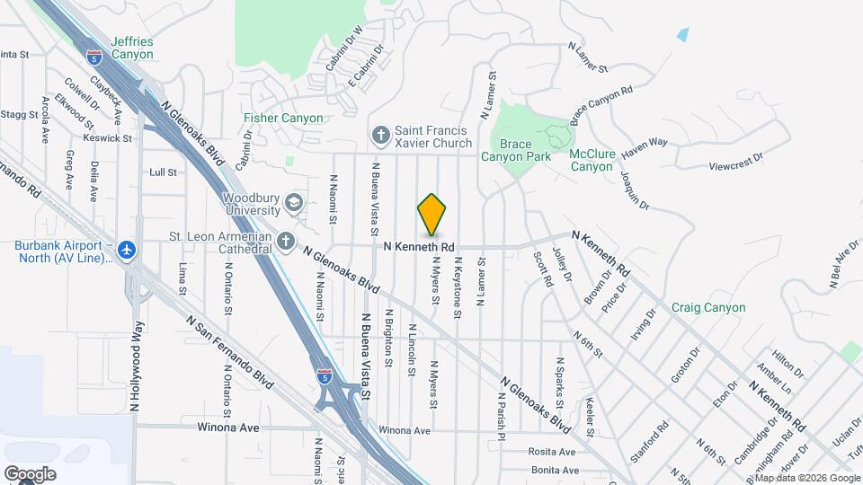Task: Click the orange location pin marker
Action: pos(432,216)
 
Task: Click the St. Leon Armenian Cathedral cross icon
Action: pos(286,241)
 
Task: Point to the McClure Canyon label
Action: pos(592,160)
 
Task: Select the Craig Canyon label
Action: pos(708,307)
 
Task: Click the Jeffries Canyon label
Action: pos(132,48)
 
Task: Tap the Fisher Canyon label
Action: pos(278,119)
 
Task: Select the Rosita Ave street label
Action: pos(553,452)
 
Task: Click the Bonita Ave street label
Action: pos(554,471)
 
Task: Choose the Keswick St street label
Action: pos(108,138)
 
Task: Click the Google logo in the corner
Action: pos(30,473)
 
